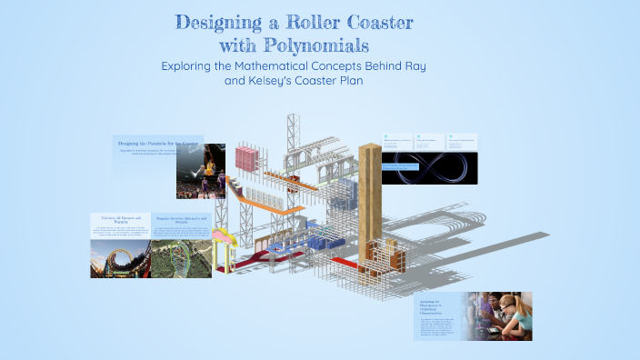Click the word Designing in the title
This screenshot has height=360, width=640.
click(219, 22)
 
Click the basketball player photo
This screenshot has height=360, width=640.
click(201, 170)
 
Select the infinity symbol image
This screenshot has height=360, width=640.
click(429, 168)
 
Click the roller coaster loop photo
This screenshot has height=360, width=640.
click(119, 258)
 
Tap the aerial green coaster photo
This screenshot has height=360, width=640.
click(180, 258)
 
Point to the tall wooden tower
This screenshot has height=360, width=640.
click(370, 204)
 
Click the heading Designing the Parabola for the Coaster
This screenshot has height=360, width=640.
click(156, 144)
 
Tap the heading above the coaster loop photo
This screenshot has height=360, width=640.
click(119, 219)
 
